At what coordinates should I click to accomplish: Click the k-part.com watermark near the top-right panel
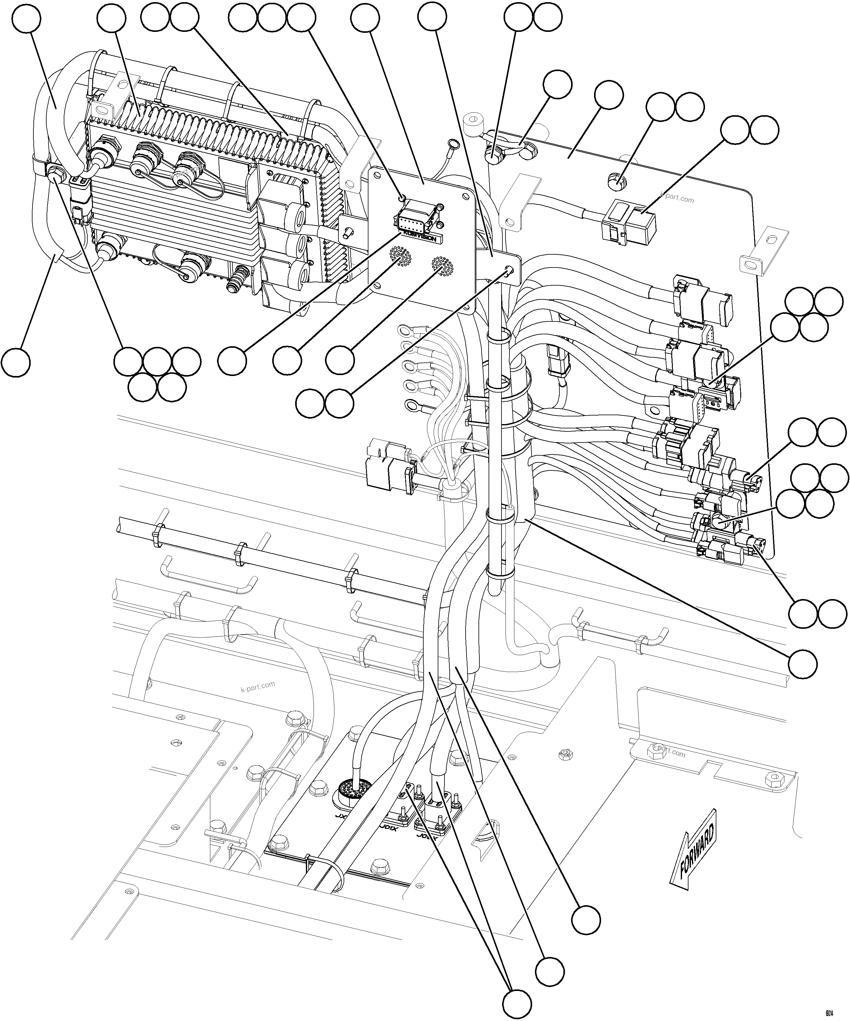[678, 199]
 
